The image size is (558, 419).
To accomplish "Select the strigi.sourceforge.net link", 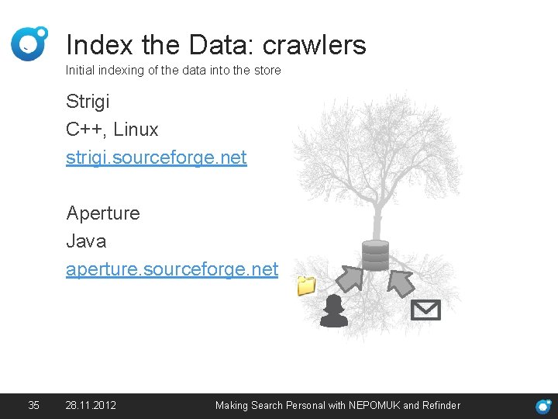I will click(157, 158).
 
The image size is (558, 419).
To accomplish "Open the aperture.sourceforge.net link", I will click(172, 269).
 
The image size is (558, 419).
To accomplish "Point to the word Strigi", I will click(88, 102).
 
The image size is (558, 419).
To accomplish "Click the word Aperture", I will click(103, 213).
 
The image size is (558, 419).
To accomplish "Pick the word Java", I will click(86, 241).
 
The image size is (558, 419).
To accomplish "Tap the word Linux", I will click(136, 130).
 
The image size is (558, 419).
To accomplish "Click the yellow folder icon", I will click(307, 286).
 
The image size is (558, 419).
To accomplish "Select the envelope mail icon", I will click(425, 310).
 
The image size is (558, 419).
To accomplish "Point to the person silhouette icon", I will click(334, 311).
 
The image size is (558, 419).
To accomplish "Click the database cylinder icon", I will click(375, 255).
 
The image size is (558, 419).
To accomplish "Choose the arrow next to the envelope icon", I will click(401, 282).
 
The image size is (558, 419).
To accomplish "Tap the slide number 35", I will click(33, 405).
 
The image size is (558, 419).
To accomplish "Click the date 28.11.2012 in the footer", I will click(91, 405).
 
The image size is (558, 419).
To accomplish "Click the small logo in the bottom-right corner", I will click(544, 406).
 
